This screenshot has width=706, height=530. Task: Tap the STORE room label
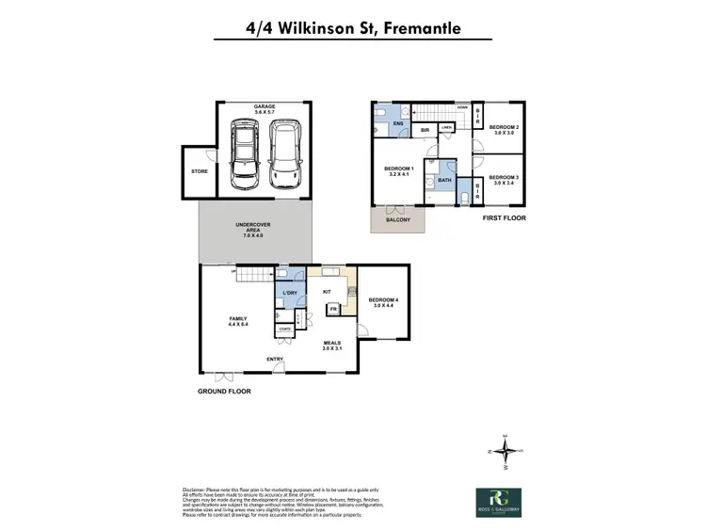[x=199, y=171]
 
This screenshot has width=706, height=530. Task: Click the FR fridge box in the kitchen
[x=333, y=308]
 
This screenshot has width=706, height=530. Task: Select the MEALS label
[x=331, y=345]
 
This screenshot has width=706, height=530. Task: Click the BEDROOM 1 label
[x=399, y=171]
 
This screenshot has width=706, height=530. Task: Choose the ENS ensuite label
[x=398, y=123]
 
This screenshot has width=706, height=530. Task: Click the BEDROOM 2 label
[x=504, y=129]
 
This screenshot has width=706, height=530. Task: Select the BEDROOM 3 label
[x=504, y=179]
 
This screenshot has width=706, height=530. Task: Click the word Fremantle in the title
[x=418, y=28]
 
